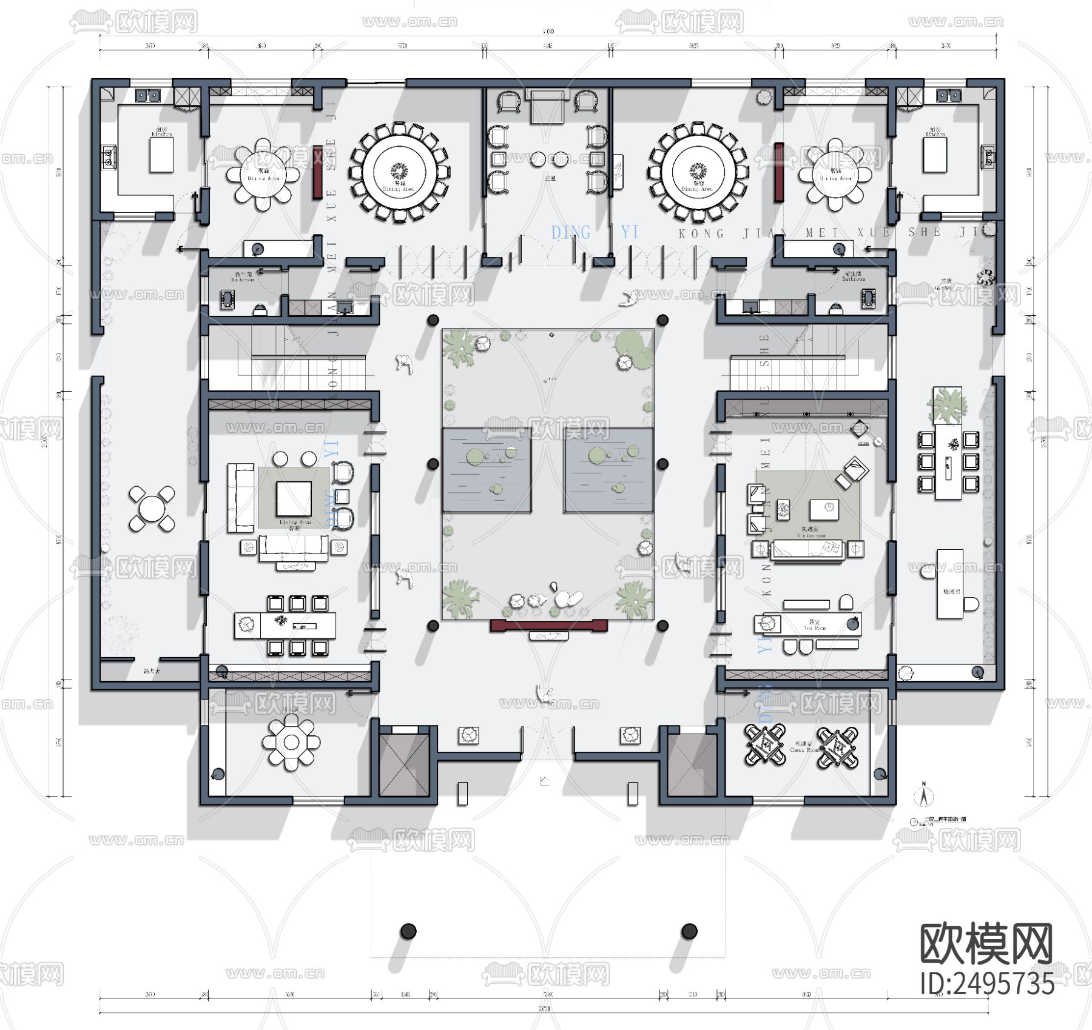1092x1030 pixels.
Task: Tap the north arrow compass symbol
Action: [x=923, y=795]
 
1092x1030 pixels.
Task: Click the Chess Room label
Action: [x=804, y=750]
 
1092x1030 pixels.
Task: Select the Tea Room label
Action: [x=814, y=627]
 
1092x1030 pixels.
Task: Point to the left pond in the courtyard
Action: [x=487, y=470]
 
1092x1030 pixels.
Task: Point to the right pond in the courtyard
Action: [x=608, y=470]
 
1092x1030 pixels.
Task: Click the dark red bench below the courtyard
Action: [x=548, y=626]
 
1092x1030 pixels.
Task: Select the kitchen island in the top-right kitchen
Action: [x=935, y=156]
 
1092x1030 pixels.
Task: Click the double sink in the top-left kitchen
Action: [x=147, y=95]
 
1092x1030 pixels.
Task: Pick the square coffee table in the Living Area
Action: [x=294, y=498]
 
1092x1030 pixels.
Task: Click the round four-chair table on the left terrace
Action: [x=152, y=509]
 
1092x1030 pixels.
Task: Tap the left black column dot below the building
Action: [x=408, y=931]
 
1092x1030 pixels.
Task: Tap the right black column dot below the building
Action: [x=689, y=931]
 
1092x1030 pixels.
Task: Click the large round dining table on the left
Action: [x=399, y=172]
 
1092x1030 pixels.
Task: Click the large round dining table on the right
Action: [x=698, y=172]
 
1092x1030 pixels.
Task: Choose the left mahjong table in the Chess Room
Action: [x=765, y=744]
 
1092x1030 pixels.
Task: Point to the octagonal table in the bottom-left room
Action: [x=291, y=742]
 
